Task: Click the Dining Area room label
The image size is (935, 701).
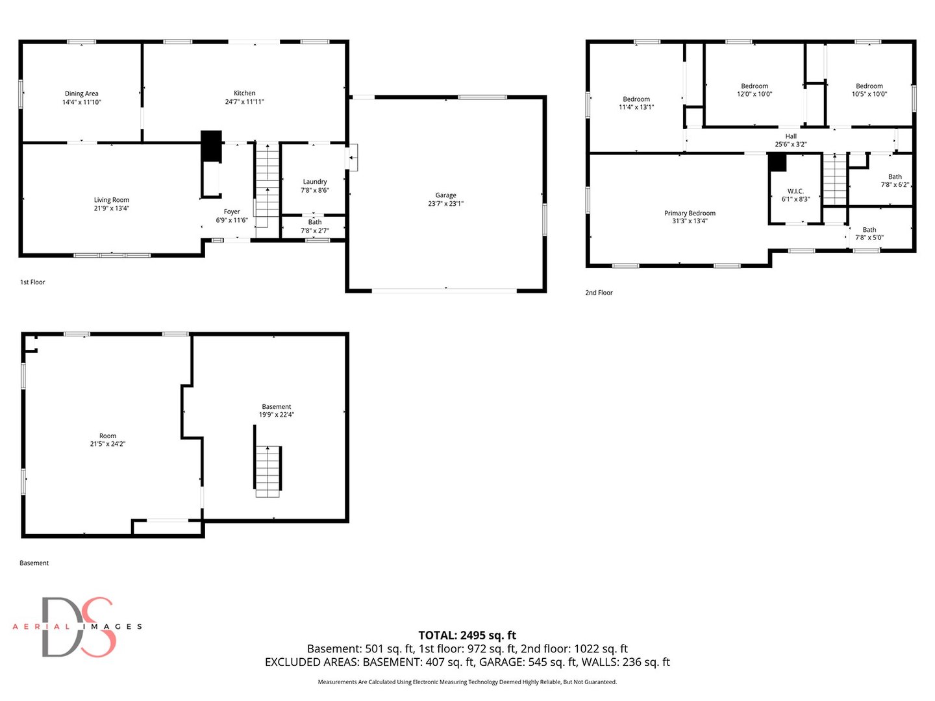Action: pyautogui.click(x=81, y=93)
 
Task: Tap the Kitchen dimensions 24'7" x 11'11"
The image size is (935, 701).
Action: pyautogui.click(x=245, y=102)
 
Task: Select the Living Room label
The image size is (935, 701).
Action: pyautogui.click(x=112, y=200)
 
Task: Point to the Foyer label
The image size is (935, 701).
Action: pyautogui.click(x=232, y=212)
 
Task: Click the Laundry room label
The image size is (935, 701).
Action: pyautogui.click(x=315, y=182)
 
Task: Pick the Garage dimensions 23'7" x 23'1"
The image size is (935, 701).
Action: pyautogui.click(x=445, y=204)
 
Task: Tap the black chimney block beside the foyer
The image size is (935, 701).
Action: pyautogui.click(x=211, y=145)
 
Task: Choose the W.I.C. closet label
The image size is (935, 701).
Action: pyautogui.click(x=795, y=191)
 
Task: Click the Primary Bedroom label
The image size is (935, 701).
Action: pyautogui.click(x=690, y=214)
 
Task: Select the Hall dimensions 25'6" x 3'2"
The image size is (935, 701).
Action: pyautogui.click(x=791, y=144)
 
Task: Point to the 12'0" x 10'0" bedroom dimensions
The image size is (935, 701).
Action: pyautogui.click(x=754, y=94)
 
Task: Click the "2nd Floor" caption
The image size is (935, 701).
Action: pyautogui.click(x=599, y=293)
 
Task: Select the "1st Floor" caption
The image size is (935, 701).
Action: pyautogui.click(x=32, y=282)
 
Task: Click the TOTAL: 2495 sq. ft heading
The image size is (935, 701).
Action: pyautogui.click(x=467, y=635)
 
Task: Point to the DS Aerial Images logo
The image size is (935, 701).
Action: pyautogui.click(x=77, y=627)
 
